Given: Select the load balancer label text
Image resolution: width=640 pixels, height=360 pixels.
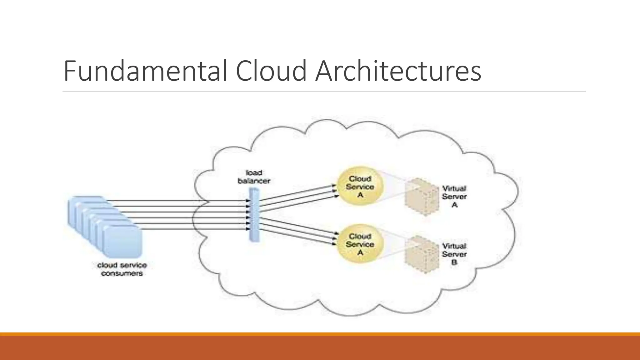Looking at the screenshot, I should tap(254, 177).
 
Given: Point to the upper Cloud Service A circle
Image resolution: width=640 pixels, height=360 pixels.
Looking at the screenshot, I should tap(360, 187).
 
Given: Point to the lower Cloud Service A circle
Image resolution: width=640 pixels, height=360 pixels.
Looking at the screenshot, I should tap(360, 244).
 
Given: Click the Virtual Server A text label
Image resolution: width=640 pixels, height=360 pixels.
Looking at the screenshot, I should tap(454, 197).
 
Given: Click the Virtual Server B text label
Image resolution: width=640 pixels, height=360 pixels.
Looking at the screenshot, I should tap(454, 254).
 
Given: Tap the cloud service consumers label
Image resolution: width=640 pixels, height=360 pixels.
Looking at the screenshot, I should tap(122, 269).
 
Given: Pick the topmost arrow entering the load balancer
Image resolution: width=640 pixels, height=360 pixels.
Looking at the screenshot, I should tap(178, 201).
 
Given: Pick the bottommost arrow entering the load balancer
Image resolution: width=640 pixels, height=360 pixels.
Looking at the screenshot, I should tap(194, 229).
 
